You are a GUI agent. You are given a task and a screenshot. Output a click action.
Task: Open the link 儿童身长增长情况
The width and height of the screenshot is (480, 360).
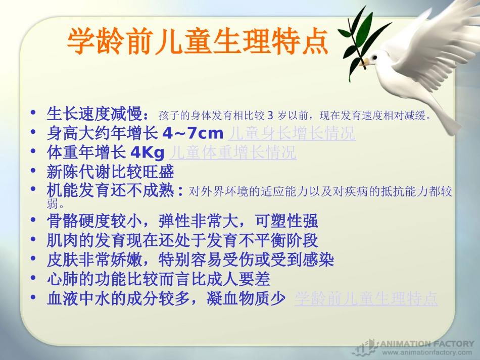(x=292, y=134)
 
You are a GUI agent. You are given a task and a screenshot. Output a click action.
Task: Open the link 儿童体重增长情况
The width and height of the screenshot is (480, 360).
(x=233, y=152)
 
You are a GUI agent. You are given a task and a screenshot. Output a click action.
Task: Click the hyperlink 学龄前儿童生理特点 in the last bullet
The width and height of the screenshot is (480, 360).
(x=366, y=299)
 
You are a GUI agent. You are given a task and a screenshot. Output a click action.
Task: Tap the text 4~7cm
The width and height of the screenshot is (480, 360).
(x=193, y=134)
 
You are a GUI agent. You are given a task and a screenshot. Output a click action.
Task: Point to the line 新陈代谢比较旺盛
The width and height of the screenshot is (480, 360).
(x=110, y=172)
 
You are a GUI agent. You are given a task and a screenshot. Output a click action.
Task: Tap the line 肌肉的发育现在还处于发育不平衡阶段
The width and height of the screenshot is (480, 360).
(x=182, y=240)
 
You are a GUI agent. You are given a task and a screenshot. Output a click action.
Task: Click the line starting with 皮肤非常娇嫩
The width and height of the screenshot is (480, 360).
(x=190, y=260)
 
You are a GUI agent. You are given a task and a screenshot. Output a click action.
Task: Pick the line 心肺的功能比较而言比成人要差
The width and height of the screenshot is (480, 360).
(x=158, y=279)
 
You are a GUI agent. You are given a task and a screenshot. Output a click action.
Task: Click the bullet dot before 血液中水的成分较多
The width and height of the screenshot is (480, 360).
(x=33, y=298)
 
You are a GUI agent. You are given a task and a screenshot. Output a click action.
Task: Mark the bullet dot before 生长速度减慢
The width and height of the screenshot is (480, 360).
(x=33, y=114)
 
